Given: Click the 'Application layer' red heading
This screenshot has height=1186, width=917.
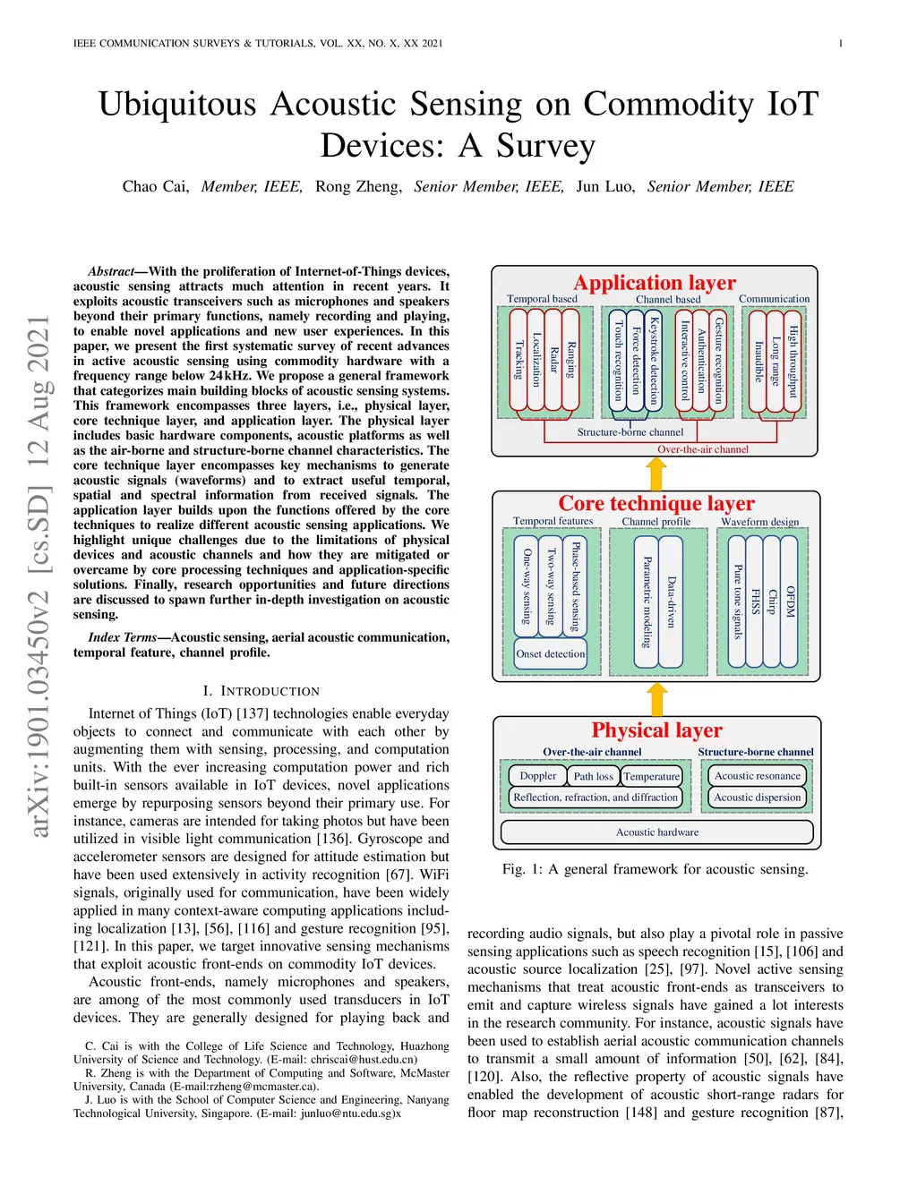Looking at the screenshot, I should click(x=655, y=283).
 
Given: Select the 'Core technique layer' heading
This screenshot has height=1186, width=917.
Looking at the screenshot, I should click(x=656, y=503).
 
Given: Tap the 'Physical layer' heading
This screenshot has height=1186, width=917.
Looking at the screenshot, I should click(x=656, y=730).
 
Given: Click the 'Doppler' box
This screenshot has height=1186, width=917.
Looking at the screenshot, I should click(x=538, y=776).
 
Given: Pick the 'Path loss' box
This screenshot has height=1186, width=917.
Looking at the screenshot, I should click(x=593, y=776).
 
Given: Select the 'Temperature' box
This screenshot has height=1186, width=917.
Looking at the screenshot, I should click(x=651, y=776).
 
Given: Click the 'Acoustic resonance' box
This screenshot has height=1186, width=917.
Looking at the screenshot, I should click(x=757, y=776).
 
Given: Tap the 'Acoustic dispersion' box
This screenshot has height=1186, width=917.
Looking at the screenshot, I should click(x=757, y=798).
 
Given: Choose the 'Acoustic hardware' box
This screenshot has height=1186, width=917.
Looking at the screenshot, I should click(x=656, y=832).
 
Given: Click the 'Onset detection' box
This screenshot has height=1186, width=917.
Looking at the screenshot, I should click(x=550, y=654).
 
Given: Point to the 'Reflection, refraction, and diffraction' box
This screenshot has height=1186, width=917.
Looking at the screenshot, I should click(x=596, y=798).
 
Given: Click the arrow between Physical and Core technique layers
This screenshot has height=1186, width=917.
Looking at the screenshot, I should click(x=657, y=699).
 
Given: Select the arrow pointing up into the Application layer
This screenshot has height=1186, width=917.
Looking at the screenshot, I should click(x=656, y=473).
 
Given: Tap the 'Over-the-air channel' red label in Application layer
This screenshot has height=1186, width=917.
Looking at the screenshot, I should click(x=703, y=449).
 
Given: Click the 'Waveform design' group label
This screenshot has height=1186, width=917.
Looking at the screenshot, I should click(x=759, y=521).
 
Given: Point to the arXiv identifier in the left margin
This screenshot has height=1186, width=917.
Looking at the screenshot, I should click(x=39, y=576).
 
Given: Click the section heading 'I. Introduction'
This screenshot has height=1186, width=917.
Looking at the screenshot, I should click(x=261, y=691).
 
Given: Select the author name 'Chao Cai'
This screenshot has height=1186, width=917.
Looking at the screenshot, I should click(x=155, y=186).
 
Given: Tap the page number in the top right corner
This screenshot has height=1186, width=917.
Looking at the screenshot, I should click(x=841, y=43).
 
